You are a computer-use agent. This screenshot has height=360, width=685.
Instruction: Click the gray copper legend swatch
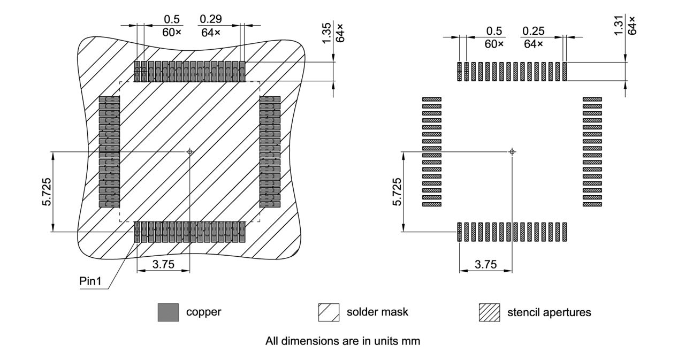[x=168, y=312]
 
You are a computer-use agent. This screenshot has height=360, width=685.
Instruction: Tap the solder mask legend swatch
[x=329, y=312]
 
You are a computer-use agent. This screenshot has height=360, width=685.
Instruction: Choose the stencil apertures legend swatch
[x=489, y=312]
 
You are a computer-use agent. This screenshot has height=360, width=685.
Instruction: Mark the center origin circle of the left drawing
[x=189, y=152]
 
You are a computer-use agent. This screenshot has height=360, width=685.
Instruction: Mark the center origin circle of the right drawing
[x=512, y=152]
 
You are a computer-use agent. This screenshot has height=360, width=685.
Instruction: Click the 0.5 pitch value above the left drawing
[x=172, y=19]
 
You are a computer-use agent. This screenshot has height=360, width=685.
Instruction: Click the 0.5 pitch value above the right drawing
[x=494, y=31]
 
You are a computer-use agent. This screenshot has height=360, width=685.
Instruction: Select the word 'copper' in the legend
[x=203, y=312]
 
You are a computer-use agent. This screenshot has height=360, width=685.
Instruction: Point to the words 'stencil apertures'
[x=549, y=312]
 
